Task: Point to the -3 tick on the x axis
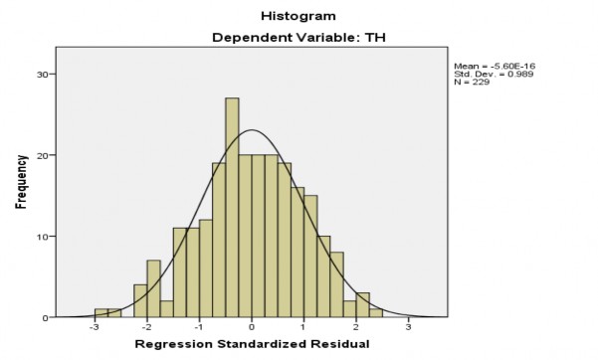tap(94, 327)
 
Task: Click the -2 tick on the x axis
tap(146, 327)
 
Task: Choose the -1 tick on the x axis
tap(198, 327)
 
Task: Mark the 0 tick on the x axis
tap(252, 327)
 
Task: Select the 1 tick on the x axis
tap(304, 327)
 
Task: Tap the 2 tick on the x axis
tap(356, 327)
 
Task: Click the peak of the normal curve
tap(252, 130)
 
